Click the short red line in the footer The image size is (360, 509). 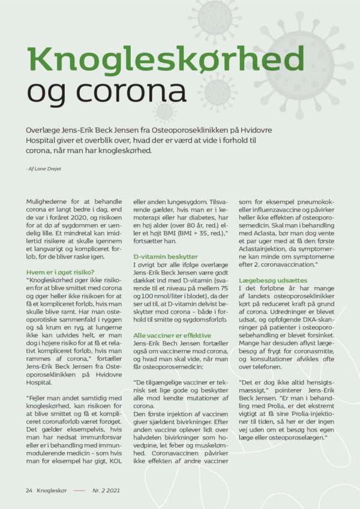point(79,490)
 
